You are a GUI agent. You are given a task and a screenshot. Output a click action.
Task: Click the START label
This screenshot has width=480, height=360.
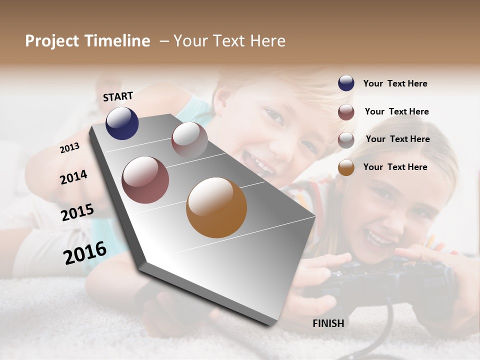pyautogui.click(x=118, y=96)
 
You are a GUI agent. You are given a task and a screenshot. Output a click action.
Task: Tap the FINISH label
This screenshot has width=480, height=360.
pyautogui.click(x=328, y=323)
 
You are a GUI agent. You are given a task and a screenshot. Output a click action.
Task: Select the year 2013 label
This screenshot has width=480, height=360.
pyautogui.click(x=69, y=148)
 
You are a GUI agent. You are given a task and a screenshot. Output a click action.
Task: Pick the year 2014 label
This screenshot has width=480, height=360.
pyautogui.click(x=73, y=177)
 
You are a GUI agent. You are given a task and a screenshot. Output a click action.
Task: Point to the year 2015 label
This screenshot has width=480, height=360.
pyautogui.click(x=77, y=212)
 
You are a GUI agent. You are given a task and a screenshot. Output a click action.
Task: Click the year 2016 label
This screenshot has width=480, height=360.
pyautogui.click(x=84, y=252)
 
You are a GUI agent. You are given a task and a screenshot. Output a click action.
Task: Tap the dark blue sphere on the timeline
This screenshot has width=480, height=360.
pyautogui.click(x=122, y=123)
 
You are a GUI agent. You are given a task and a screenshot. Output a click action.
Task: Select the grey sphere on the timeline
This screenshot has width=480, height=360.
pyautogui.click(x=189, y=140)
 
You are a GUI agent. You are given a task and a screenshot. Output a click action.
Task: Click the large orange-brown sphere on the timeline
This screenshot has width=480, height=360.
pyautogui.click(x=216, y=207)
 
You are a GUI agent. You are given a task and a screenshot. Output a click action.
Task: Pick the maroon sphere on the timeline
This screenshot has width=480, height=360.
pyautogui.click(x=145, y=180)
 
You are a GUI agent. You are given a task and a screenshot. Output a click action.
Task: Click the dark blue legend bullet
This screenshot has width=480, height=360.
pyautogui.click(x=346, y=83)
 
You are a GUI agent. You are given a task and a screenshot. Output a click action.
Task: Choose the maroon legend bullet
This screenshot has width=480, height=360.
pyautogui.click(x=346, y=111)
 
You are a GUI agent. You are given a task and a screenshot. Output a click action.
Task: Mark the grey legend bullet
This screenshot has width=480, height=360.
pyautogui.click(x=346, y=139)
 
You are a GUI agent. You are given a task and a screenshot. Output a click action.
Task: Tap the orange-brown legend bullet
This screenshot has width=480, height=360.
pyautogui.click(x=346, y=167)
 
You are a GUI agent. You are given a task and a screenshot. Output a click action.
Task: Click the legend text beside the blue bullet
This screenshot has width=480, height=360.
pyautogui.click(x=395, y=83)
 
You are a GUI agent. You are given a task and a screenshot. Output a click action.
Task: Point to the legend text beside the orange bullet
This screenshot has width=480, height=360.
pyautogui.click(x=395, y=167)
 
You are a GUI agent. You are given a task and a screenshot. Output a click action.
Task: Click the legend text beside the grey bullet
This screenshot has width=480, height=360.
pyautogui.click(x=397, y=139)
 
